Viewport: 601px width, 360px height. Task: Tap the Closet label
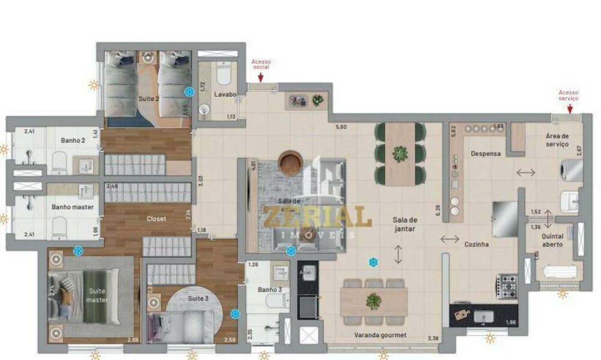[x=156, y=219]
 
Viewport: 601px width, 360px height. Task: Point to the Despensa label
[x=486, y=153]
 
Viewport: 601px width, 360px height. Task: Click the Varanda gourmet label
[x=381, y=335]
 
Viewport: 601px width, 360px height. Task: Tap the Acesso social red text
[x=261, y=64]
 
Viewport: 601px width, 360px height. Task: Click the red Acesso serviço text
[x=569, y=96]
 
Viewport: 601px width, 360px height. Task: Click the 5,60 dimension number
[x=341, y=127]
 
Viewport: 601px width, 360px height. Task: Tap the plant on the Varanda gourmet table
[x=373, y=301]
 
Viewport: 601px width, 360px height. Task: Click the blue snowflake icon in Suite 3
[x=234, y=313]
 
